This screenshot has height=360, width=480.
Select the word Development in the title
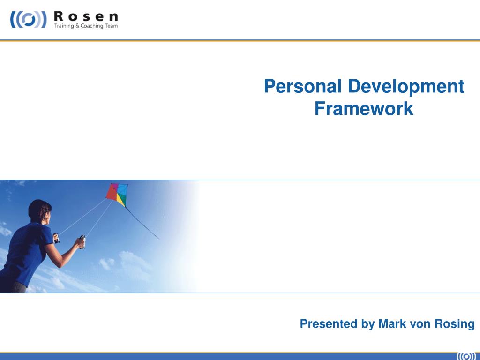405,87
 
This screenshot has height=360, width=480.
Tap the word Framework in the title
364,109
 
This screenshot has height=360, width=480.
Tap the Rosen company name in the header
86,15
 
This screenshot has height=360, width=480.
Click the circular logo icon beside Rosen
29,20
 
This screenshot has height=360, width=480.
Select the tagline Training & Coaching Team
86,26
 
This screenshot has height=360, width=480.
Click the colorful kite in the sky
117,194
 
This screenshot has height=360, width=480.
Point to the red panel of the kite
112,191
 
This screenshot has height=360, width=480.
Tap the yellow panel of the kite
121,201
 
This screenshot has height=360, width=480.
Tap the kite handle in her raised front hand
82,242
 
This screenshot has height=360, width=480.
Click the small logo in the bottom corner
466,355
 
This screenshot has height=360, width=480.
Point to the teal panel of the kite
122,190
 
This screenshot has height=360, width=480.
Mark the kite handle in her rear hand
56,237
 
